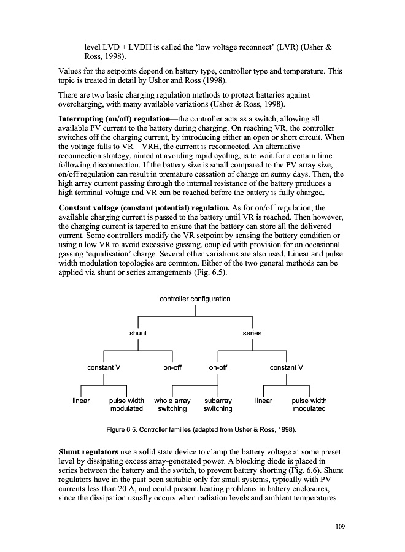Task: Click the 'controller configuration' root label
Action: tap(195, 299)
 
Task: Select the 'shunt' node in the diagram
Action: tap(137, 333)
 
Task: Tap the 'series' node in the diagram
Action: tap(252, 333)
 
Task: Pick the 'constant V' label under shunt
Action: tap(103, 367)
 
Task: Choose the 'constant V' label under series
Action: tap(287, 367)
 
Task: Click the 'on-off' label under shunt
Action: tap(172, 367)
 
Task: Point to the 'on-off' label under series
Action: tap(218, 367)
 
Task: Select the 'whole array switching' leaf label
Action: tap(172, 405)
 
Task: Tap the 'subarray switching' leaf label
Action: tap(218, 405)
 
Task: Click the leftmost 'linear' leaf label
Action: tap(81, 401)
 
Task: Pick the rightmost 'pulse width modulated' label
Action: tap(309, 405)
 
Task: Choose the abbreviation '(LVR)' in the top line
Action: tap(285, 47)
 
